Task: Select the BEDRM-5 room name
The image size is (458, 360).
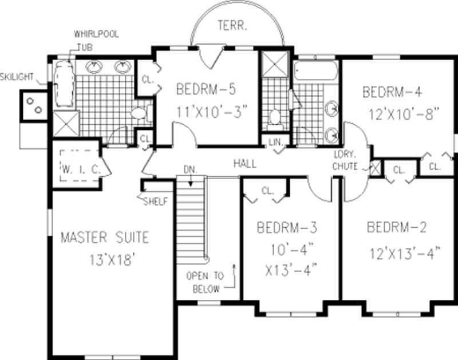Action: [x=206, y=89]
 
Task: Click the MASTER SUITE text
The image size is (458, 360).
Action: [x=105, y=236]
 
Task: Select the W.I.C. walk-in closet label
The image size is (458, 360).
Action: [x=80, y=169]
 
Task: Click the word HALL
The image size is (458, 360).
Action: [x=244, y=164]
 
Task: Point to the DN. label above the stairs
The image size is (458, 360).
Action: [x=189, y=170]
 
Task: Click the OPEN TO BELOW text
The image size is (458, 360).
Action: [x=204, y=282]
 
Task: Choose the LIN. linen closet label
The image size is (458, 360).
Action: [x=276, y=141]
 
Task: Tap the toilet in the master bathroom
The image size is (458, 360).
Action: [x=139, y=113]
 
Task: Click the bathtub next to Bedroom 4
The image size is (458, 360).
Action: [x=317, y=72]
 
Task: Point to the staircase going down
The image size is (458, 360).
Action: [x=191, y=217]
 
